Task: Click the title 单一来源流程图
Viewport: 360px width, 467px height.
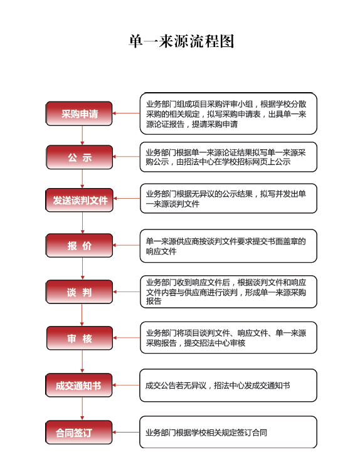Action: click(181, 41)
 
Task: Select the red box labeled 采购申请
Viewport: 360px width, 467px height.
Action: click(79, 113)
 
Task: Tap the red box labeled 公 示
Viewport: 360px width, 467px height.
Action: click(79, 157)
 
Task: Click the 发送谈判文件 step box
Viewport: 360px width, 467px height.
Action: click(79, 200)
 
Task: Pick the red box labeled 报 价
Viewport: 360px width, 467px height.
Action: click(79, 246)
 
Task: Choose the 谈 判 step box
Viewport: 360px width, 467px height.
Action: click(79, 292)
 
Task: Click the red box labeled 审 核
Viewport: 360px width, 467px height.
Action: click(80, 338)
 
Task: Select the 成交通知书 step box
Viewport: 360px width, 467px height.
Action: click(79, 385)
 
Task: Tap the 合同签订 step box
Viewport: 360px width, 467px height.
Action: click(79, 432)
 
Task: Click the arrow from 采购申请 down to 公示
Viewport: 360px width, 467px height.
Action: click(82, 135)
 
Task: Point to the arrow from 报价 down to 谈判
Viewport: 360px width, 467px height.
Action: click(83, 269)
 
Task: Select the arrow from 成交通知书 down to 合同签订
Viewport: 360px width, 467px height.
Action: click(82, 409)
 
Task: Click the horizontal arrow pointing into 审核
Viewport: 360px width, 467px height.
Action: click(126, 338)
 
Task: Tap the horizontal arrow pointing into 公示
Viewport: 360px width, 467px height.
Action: click(126, 156)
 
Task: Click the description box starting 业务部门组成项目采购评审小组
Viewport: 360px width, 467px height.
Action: click(228, 113)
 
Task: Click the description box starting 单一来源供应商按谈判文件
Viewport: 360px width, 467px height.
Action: click(228, 246)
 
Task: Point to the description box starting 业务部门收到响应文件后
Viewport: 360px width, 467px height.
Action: click(228, 291)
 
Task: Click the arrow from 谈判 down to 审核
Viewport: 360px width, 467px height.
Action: click(82, 315)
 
